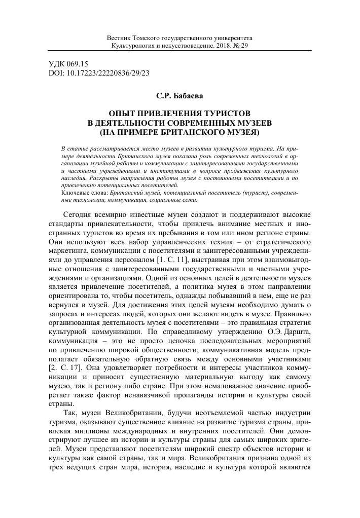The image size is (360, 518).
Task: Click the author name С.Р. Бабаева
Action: (180, 95)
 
